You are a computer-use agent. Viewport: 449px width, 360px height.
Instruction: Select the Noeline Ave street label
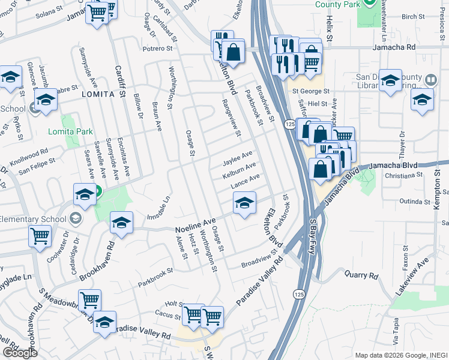coord(195,226)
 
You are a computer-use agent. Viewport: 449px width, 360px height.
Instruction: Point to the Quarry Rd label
coord(361,276)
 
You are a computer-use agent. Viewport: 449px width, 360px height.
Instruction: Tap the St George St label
coord(311,91)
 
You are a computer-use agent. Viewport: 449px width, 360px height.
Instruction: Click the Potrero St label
coord(157,47)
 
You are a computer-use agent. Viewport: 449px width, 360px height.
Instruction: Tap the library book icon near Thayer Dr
coord(430,80)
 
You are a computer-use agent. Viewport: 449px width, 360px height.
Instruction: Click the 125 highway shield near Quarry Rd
coord(298,294)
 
